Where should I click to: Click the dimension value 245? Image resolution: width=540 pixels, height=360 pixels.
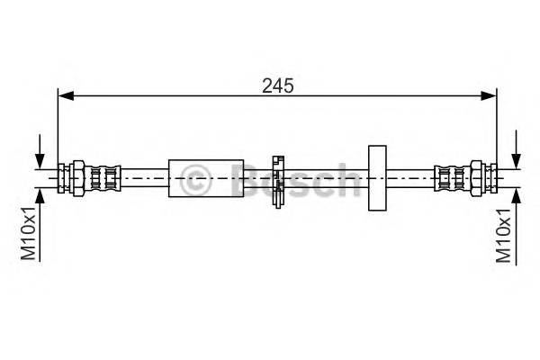[x=278, y=85]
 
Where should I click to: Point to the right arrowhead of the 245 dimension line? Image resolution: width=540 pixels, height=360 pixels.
[x=491, y=93]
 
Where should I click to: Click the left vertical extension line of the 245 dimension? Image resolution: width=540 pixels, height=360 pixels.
[x=58, y=126]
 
